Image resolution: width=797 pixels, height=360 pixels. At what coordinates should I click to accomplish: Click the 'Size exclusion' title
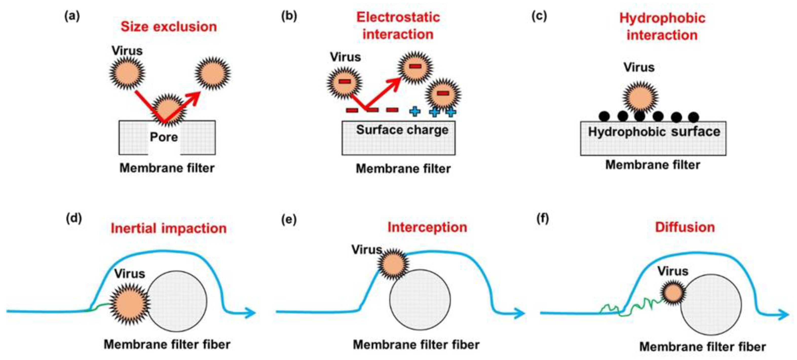(169, 27)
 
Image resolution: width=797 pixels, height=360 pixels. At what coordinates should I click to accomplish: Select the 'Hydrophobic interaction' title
(662, 27)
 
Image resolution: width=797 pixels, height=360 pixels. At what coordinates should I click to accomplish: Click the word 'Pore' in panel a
(164, 137)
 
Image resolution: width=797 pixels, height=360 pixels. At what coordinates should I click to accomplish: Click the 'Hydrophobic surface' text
(654, 132)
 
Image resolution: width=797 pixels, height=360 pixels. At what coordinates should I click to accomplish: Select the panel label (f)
(542, 218)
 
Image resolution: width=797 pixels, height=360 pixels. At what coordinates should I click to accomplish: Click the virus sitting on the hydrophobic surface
(640, 97)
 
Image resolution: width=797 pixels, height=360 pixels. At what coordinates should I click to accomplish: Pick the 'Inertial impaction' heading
(169, 228)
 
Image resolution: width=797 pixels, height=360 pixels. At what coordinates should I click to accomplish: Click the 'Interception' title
(427, 227)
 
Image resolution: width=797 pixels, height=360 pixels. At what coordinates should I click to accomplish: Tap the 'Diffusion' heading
(685, 227)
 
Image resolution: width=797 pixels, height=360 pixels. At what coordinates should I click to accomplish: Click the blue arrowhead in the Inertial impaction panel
(251, 313)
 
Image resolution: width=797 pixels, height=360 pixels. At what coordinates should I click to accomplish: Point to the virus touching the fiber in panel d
(129, 304)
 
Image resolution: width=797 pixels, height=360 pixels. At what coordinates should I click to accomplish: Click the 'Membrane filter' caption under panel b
(403, 169)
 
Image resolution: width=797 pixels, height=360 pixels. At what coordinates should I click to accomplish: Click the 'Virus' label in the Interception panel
(366, 249)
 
